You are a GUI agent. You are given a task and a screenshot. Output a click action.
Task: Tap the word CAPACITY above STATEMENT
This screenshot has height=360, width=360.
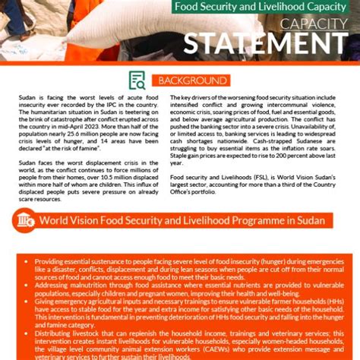[313, 24]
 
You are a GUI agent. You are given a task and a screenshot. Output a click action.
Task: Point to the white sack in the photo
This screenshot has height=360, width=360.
[114, 27]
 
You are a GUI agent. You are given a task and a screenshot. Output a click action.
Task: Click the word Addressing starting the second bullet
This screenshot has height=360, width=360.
[55, 281]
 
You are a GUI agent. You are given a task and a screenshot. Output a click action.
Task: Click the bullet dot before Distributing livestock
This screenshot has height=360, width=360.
[29, 333]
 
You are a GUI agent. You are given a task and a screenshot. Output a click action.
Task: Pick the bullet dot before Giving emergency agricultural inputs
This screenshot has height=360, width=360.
[29, 301]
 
